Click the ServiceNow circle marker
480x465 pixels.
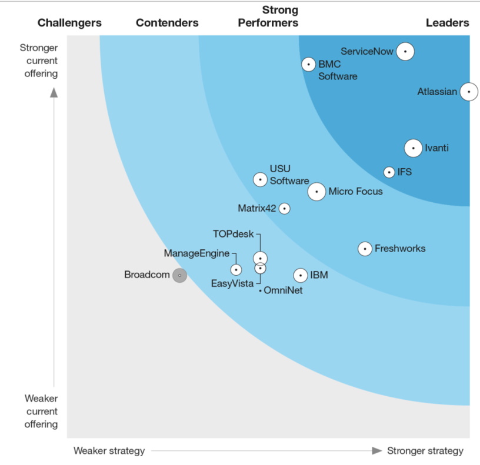coord(405,51)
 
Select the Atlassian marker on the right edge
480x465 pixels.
coord(468,92)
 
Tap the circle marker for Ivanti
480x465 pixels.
coord(413,148)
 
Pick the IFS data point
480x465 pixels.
coord(389,172)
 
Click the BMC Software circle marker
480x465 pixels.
coord(309,64)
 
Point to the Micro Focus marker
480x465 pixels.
coord(316,192)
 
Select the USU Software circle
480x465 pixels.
coord(260,179)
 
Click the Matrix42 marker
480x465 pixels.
coord(284,208)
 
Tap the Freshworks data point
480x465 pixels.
coord(365,249)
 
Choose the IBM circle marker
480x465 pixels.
coord(301,275)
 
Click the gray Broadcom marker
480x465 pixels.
coord(179,275)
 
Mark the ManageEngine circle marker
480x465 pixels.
coord(236,270)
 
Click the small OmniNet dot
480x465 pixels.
coord(260,290)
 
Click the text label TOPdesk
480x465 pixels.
coord(233,234)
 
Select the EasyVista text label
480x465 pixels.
coord(232,284)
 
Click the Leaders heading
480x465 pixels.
coord(447,23)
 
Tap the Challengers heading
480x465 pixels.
coord(69,23)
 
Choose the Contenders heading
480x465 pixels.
coord(167,23)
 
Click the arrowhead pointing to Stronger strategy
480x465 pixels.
coord(377,451)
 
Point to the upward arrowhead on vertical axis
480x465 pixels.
coord(54,92)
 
